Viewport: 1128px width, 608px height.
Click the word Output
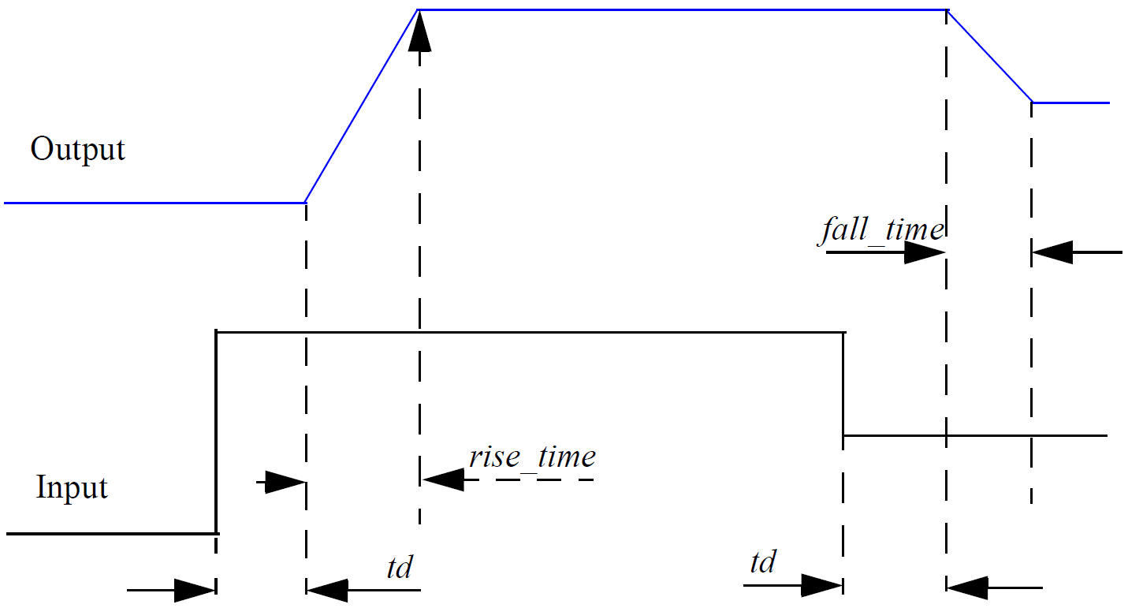click(x=77, y=149)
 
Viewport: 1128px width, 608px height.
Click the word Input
click(x=72, y=487)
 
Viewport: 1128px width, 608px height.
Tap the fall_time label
click(x=880, y=230)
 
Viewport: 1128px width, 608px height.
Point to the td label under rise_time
click(x=400, y=567)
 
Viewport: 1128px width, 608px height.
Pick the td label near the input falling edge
click(x=762, y=562)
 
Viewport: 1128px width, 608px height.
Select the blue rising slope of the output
click(x=361, y=106)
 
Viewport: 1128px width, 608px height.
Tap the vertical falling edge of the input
click(x=843, y=384)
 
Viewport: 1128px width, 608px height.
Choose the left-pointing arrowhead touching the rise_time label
click(x=444, y=479)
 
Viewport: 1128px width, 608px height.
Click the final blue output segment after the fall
click(x=1070, y=103)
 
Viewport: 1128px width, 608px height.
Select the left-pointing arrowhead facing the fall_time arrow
click(x=1053, y=253)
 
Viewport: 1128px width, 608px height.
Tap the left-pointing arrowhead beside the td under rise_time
click(x=328, y=588)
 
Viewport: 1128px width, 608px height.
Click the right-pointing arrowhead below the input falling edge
click(x=821, y=586)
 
